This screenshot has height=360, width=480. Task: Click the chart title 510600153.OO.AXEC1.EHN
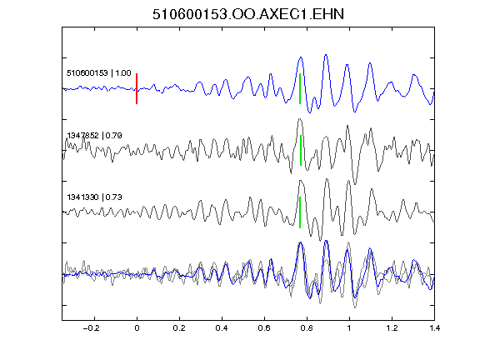(248, 14)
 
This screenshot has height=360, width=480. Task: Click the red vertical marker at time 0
(137, 89)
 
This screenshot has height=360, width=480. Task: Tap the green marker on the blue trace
(300, 89)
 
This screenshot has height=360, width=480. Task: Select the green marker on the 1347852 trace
(301, 150)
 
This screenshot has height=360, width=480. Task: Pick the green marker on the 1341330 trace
(300, 212)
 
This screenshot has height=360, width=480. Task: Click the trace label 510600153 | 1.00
(99, 73)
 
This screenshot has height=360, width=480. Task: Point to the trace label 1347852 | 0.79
(95, 135)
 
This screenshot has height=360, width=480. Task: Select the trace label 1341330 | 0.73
(95, 197)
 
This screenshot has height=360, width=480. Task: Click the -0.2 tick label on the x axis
(92, 328)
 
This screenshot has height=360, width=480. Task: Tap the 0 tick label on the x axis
(137, 328)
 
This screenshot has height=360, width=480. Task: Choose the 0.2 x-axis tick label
(179, 328)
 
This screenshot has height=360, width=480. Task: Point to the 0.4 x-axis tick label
(222, 328)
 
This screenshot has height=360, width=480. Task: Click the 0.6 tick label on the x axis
(264, 328)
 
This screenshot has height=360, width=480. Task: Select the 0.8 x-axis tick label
(307, 328)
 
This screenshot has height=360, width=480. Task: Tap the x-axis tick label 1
(349, 328)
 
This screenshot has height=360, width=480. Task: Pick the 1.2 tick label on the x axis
(392, 328)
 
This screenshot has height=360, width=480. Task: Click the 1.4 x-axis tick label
(434, 328)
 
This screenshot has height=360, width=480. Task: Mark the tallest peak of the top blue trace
(326, 55)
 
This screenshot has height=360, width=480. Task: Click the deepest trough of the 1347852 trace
(355, 184)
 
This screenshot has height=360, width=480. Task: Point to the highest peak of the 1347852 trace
(300, 119)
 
